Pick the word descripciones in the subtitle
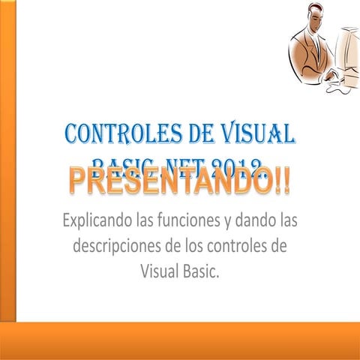coord(123,247)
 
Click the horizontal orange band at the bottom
coord(180,341)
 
